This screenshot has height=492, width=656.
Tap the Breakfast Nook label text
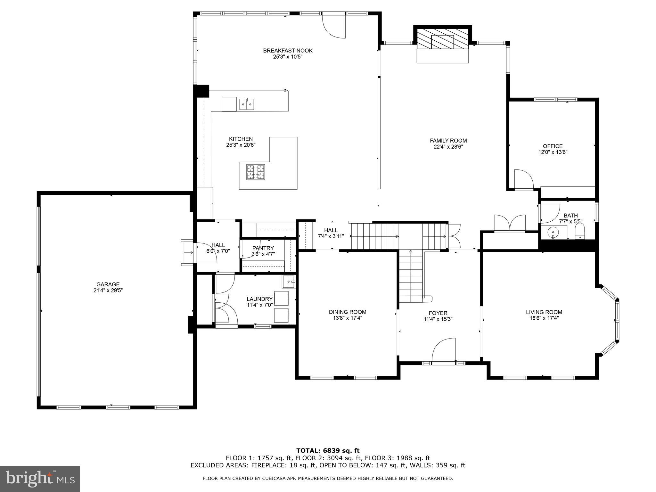[288, 51]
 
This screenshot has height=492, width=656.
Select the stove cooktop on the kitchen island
[256, 172]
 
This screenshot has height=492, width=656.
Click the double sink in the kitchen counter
[247, 104]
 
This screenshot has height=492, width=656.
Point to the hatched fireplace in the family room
[443, 38]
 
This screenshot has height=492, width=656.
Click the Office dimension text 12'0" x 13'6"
[553, 152]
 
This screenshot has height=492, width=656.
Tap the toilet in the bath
[580, 232]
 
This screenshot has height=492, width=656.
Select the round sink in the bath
[553, 231]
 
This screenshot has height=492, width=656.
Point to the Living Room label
[544, 312]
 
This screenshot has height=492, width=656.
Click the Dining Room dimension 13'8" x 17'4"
[348, 318]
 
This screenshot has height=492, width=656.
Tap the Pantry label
[263, 248]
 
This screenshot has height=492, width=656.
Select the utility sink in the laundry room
[289, 282]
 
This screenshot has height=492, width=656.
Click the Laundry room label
[259, 299]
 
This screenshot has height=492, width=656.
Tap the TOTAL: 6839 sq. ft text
[328, 451]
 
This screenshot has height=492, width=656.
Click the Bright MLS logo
[40, 479]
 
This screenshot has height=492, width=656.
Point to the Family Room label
[448, 141]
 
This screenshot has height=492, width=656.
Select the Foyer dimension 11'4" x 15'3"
[438, 319]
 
